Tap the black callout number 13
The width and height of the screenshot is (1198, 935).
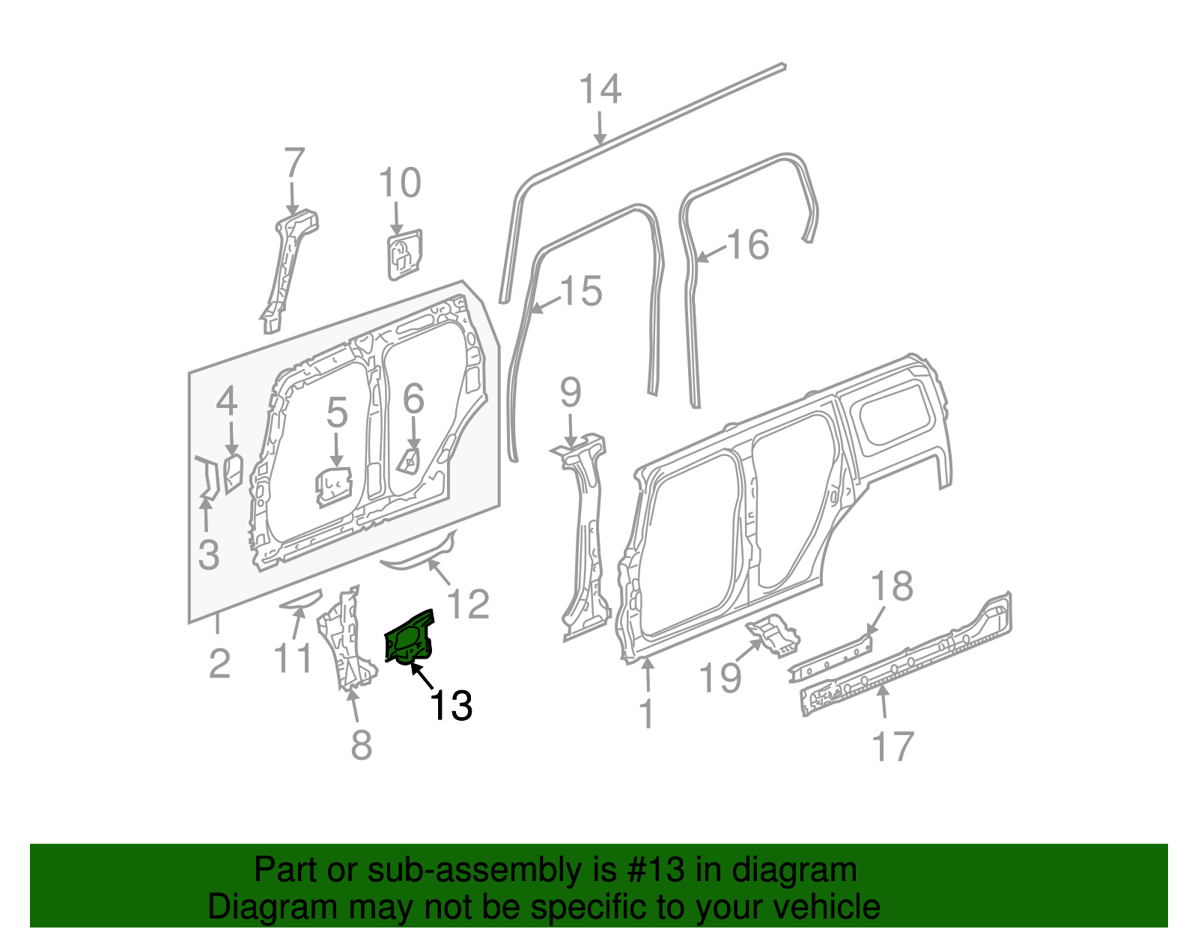(x=451, y=705)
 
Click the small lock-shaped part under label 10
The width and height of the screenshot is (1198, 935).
(x=404, y=255)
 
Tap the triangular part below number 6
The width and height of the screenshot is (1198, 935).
(x=411, y=460)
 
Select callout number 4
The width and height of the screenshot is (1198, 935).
(x=227, y=402)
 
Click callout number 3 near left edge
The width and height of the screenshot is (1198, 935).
(x=209, y=555)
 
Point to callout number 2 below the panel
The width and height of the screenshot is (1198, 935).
(x=219, y=663)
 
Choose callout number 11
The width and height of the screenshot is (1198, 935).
(x=293, y=659)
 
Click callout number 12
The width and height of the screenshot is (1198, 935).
(x=469, y=604)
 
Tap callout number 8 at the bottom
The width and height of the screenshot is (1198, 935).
(x=362, y=745)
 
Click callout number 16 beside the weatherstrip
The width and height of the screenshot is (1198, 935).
(x=748, y=245)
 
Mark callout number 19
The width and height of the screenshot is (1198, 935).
(x=720, y=677)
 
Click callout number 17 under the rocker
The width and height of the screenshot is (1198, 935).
(x=893, y=746)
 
